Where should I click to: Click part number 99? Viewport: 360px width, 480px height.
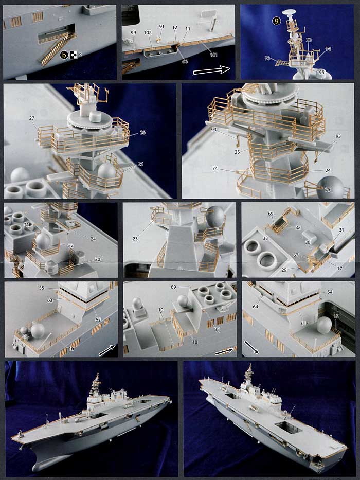pyautogui.click(x=133, y=33)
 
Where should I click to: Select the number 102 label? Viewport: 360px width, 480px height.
pyautogui.click(x=148, y=33)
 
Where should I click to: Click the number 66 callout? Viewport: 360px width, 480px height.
pyautogui.click(x=184, y=61)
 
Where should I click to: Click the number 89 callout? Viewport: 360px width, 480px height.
pyautogui.click(x=188, y=287)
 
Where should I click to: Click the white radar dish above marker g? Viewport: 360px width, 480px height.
pyautogui.click(x=292, y=10)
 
